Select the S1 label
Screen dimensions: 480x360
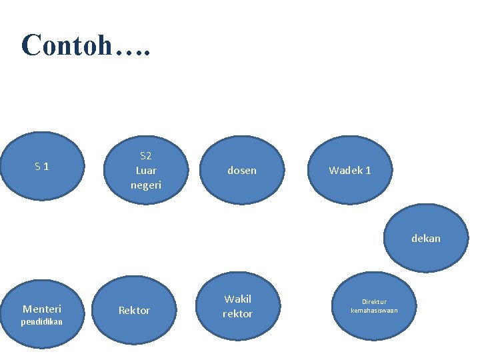(x=42, y=166)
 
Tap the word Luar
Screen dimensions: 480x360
(x=146, y=171)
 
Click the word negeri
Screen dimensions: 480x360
(x=146, y=185)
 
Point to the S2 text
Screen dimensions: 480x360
(x=146, y=156)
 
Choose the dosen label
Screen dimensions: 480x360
(x=241, y=171)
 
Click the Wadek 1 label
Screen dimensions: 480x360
(x=350, y=171)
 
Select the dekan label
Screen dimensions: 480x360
(x=425, y=238)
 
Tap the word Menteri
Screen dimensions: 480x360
(x=42, y=309)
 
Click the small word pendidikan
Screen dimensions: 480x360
(x=41, y=321)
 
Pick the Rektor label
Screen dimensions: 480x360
(x=134, y=310)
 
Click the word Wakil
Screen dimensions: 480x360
(x=238, y=299)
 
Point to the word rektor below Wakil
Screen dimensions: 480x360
(x=238, y=313)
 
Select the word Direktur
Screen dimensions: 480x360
(x=374, y=301)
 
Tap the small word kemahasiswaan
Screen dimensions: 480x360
(x=374, y=310)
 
